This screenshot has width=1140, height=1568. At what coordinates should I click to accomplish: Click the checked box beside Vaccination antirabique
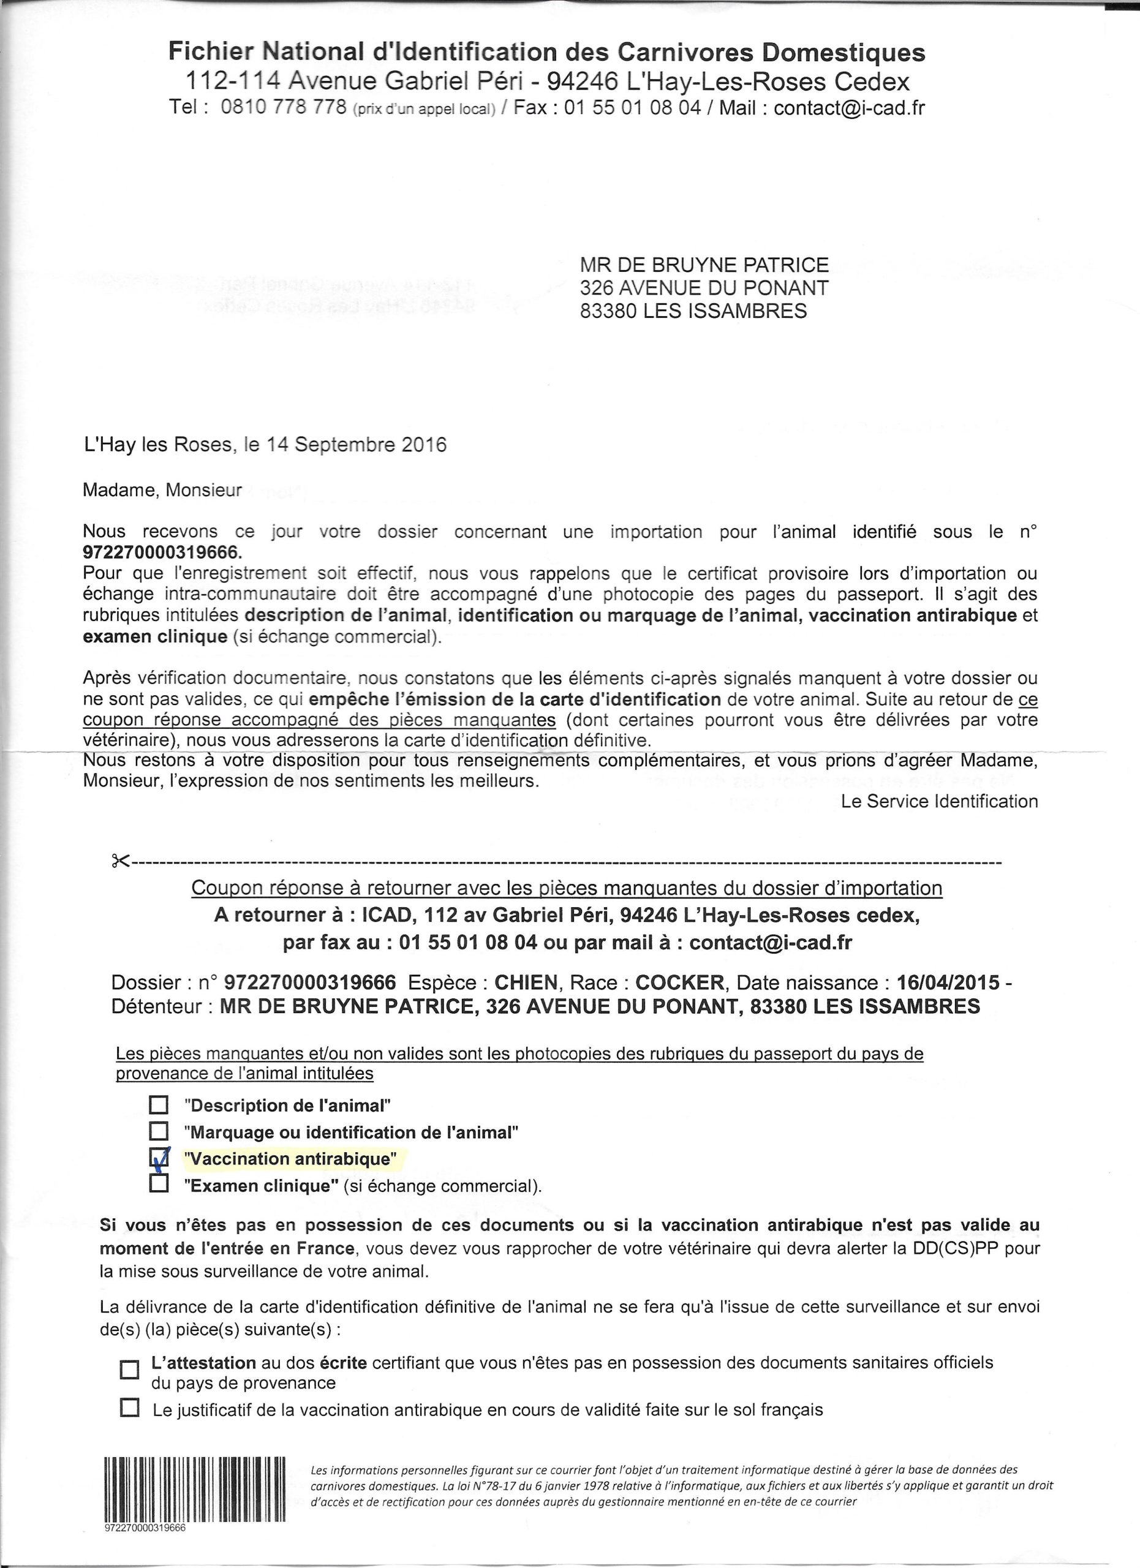[x=159, y=1158]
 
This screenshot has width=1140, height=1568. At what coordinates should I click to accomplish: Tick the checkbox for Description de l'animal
[x=159, y=1105]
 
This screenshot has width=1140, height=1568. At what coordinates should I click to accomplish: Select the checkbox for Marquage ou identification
[x=159, y=1132]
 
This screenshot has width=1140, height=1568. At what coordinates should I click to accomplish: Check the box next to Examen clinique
[x=159, y=1185]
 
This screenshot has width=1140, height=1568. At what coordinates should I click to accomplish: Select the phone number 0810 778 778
[x=284, y=108]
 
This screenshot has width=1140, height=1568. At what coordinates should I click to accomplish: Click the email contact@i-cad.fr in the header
[x=849, y=108]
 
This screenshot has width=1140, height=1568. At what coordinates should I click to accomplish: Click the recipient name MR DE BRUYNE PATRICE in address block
[x=704, y=265]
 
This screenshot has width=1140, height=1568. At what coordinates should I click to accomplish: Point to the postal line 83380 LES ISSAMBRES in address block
[x=693, y=311]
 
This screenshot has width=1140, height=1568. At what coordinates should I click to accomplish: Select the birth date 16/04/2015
[x=948, y=982]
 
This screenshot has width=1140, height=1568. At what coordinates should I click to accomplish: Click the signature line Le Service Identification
[x=939, y=801]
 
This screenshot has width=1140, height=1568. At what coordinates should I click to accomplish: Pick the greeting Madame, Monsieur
[x=162, y=490]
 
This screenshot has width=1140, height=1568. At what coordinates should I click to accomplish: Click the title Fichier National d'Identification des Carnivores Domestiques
[x=547, y=53]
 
